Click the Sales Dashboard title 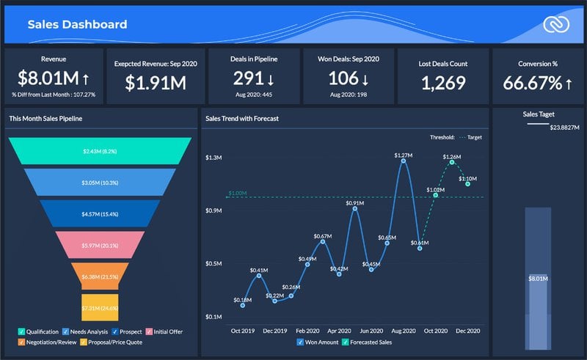[x=77, y=24]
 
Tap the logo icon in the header [x=556, y=25]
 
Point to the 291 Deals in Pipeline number [x=248, y=78]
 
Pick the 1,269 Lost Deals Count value [x=444, y=82]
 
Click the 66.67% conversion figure [x=531, y=82]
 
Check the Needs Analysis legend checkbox [x=66, y=331]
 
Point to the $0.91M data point [x=355, y=209]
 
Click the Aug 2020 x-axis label [x=403, y=331]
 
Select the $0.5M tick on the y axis [x=214, y=263]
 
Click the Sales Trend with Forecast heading [x=241, y=118]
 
